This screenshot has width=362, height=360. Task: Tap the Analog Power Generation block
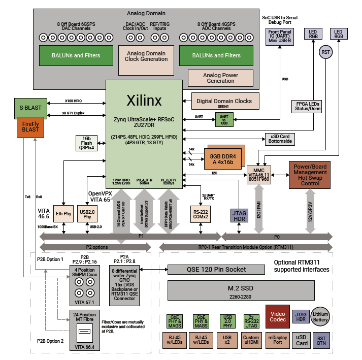point(220,78)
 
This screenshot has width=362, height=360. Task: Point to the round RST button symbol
point(325,52)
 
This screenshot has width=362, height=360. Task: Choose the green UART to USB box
point(223,119)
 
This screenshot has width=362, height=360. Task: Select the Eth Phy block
point(63,214)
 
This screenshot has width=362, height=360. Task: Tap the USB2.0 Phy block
point(87,214)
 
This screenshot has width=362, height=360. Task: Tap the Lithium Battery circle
point(321,316)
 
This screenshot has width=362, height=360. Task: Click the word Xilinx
point(144,101)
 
